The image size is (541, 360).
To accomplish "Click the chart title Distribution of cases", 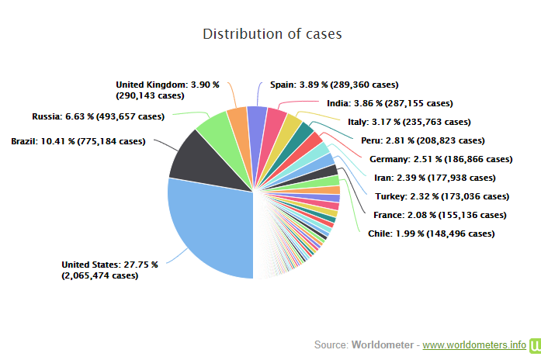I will click(272, 34).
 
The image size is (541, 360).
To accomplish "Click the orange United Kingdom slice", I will click(238, 119).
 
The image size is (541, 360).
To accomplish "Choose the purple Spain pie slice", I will click(258, 116).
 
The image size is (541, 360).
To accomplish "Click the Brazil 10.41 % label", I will click(78, 141).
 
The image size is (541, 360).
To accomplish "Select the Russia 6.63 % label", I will click(99, 117).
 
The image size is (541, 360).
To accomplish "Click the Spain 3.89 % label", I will click(334, 85).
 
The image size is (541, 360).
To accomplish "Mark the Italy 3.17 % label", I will click(408, 122).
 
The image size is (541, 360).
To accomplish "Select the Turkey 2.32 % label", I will click(442, 196).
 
